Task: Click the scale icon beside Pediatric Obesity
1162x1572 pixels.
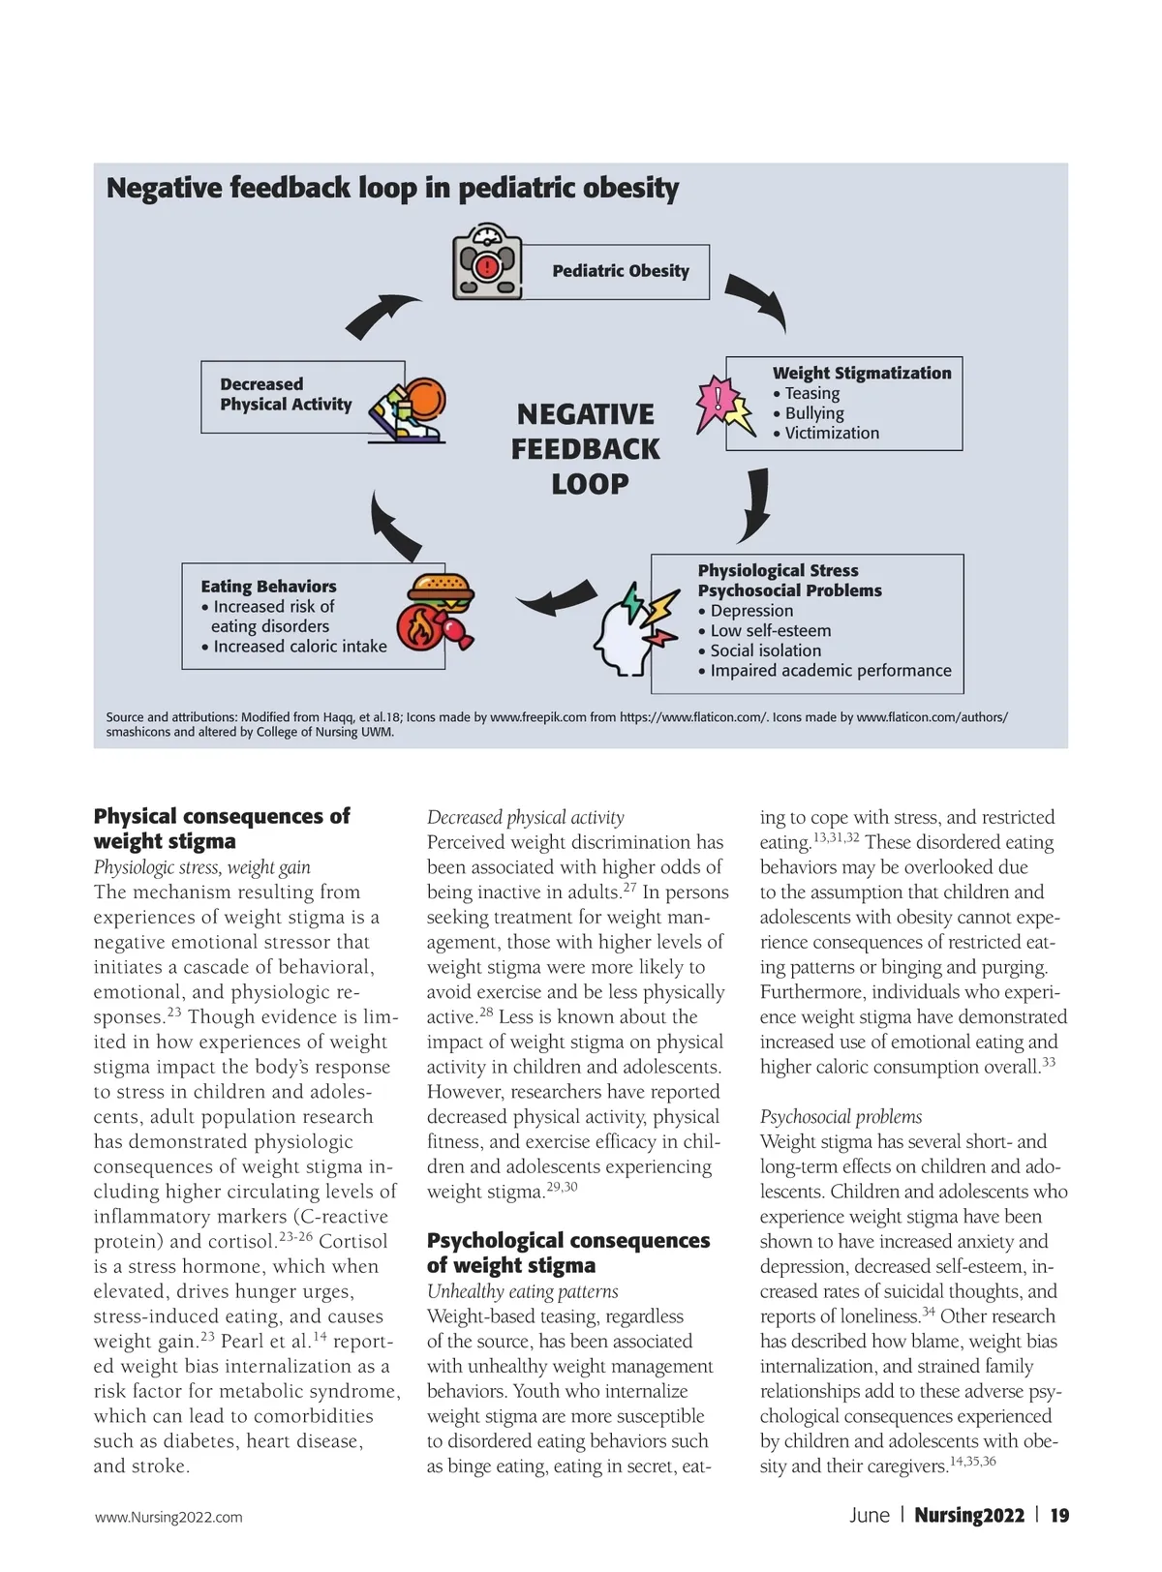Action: point(487,261)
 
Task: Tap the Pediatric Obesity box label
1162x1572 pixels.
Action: point(621,271)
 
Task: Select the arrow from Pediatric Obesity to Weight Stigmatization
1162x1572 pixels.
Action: point(757,301)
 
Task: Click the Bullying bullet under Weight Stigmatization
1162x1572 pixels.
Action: point(813,413)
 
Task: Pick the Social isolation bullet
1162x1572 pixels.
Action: point(765,650)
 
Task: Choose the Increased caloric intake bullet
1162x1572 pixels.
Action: point(299,646)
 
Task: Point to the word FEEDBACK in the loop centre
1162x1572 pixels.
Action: point(585,449)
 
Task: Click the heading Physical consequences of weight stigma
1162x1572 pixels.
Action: point(221,828)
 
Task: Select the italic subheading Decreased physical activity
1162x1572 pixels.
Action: point(526,817)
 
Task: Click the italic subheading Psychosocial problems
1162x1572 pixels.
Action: point(841,1117)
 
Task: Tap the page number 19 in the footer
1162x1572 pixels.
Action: point(1059,1515)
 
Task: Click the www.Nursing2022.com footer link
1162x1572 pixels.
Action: point(168,1517)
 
